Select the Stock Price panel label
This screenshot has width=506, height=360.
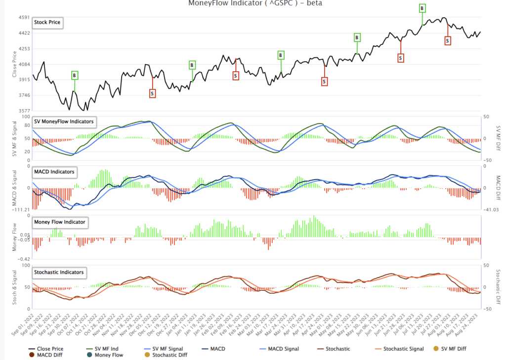point(47,23)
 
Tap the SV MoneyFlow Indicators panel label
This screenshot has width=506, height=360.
point(64,121)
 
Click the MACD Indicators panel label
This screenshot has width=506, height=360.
point(54,172)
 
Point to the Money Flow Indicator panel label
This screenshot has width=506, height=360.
point(59,222)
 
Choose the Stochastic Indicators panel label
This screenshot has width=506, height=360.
point(58,272)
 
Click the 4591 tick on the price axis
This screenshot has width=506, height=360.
point(23,17)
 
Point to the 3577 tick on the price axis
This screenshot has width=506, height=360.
point(23,111)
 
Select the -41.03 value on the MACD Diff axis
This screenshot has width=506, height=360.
point(490,210)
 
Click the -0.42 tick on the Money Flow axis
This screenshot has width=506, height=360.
point(23,259)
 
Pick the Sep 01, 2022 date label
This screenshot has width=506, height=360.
point(24,326)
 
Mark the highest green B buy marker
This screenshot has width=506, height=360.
point(422,8)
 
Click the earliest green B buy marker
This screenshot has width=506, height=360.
point(74,76)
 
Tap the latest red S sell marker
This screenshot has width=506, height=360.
point(447,41)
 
